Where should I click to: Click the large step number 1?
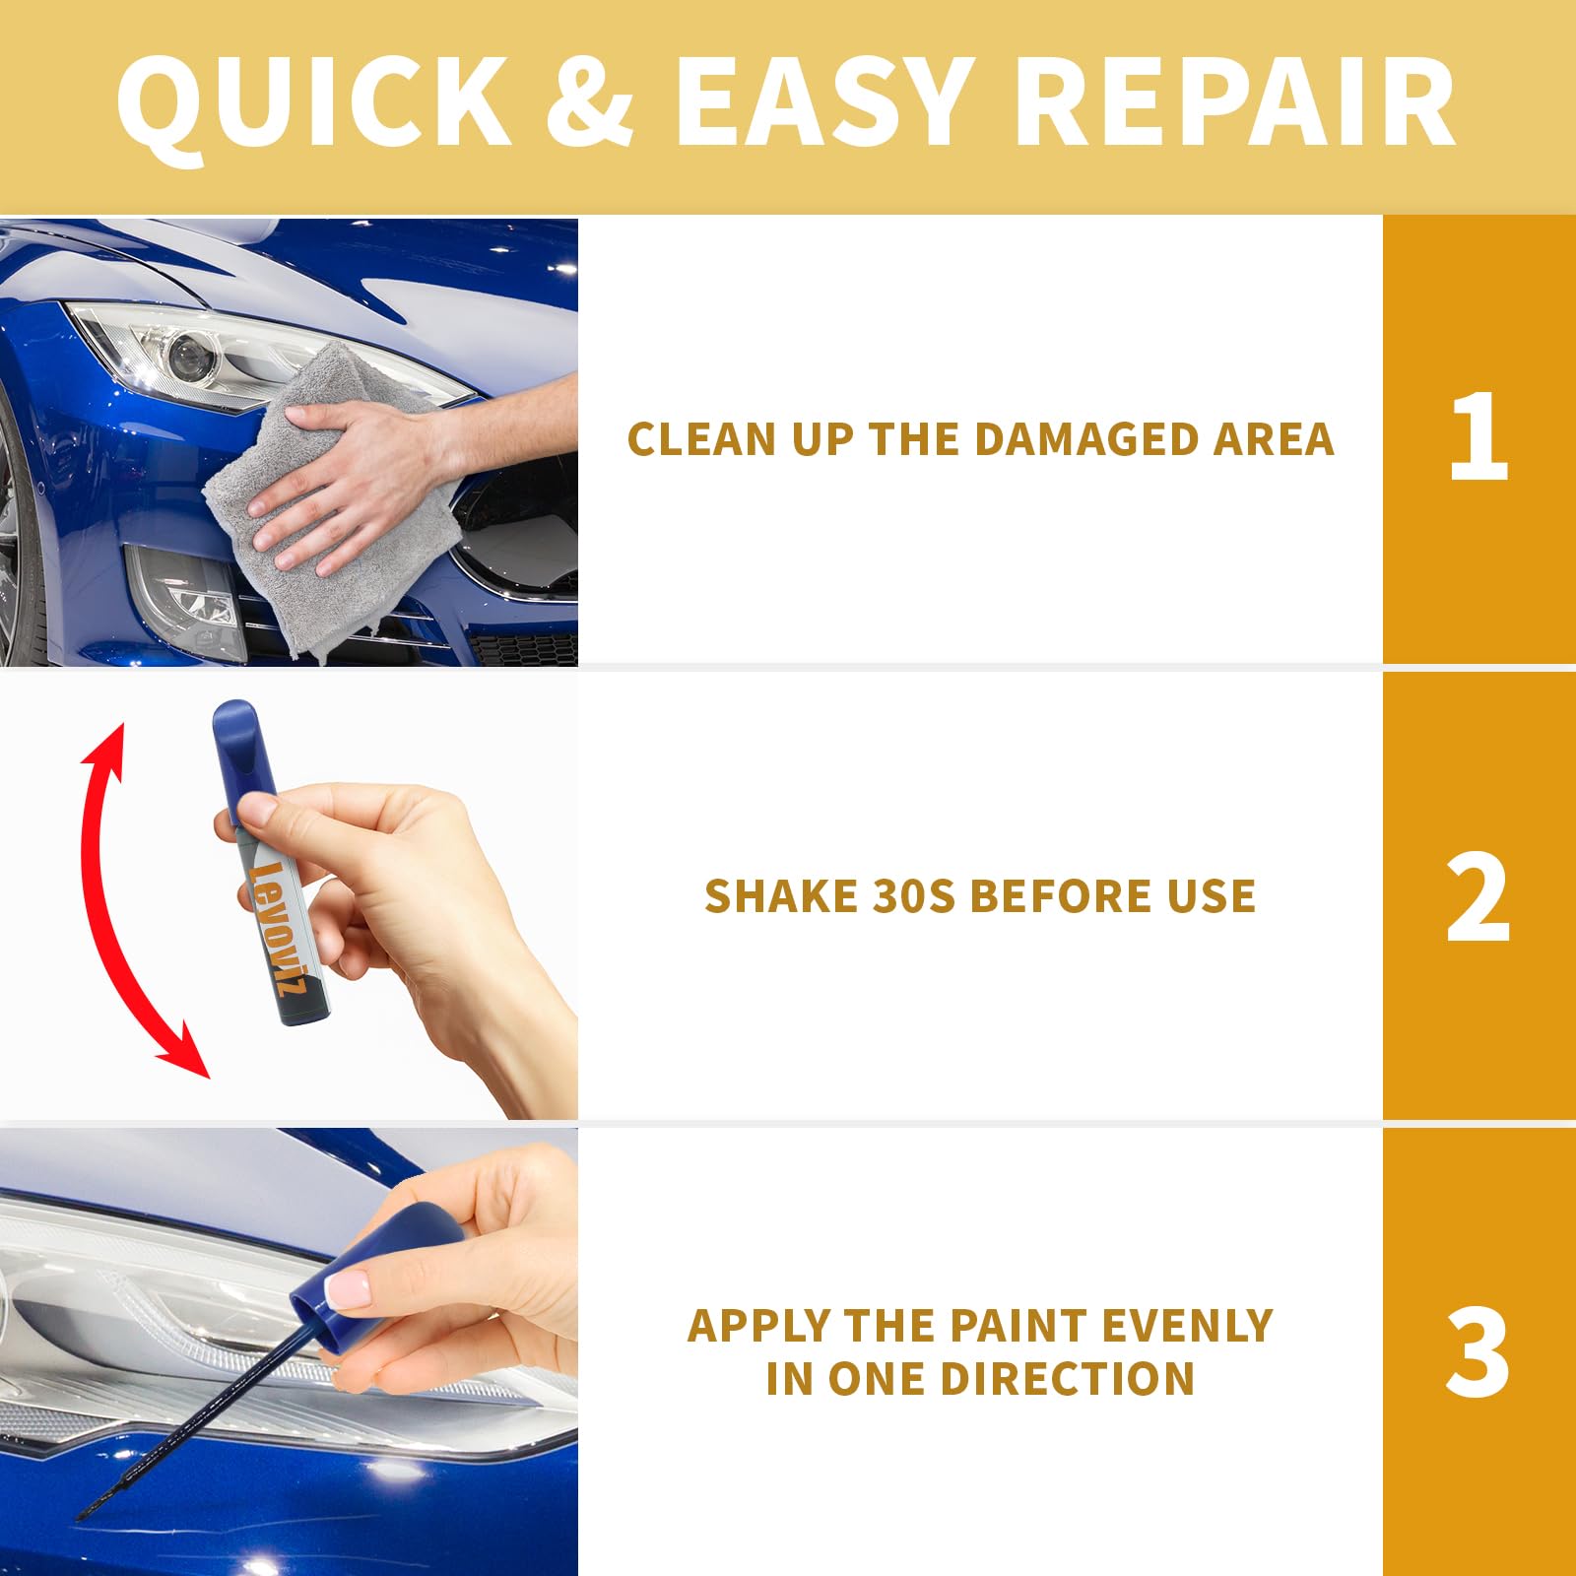[1478, 437]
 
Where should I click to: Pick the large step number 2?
[1478, 896]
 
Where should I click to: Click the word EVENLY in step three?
[1187, 1326]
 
